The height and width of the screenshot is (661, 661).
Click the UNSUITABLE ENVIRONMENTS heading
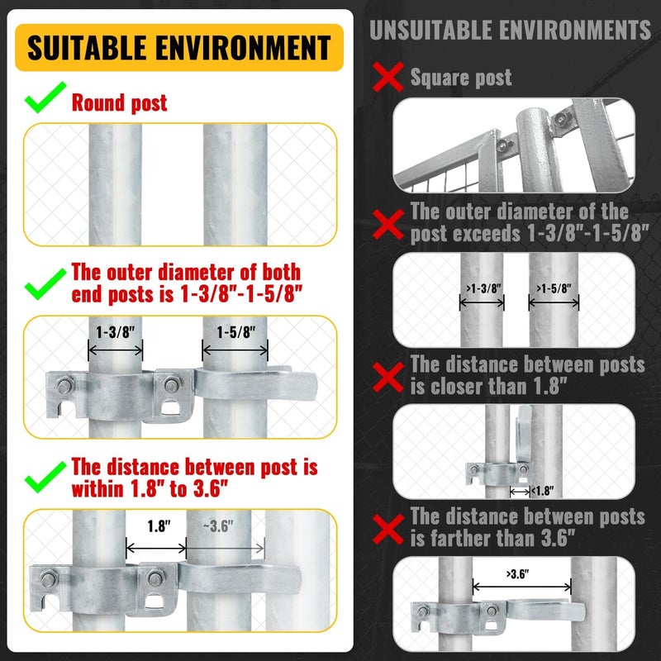point(510,31)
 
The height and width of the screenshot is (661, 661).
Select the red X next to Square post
point(388,79)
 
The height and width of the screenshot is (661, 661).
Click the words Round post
point(119,102)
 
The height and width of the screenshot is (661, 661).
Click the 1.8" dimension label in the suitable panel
point(154,525)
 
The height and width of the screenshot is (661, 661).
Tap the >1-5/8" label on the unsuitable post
point(554,288)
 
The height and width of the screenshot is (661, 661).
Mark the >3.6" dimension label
point(521,573)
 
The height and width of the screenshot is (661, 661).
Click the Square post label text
point(461,78)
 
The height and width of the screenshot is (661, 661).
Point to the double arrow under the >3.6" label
point(521,587)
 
